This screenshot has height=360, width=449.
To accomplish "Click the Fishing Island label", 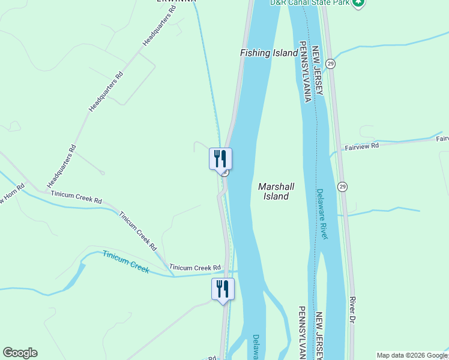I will [x=269, y=53].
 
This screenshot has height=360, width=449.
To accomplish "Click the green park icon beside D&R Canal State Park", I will [x=358, y=3].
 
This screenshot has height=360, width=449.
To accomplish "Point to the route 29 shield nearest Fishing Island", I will [x=331, y=63].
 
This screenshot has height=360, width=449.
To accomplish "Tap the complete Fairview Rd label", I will [x=361, y=146].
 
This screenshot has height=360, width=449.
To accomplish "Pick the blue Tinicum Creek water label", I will [x=125, y=261].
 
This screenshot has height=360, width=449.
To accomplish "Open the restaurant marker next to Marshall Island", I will [x=220, y=158].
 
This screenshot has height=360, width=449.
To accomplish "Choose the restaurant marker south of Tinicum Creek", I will [x=223, y=289].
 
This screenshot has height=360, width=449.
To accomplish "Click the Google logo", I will [x=20, y=353].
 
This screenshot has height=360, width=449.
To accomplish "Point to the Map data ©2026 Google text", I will [x=412, y=355].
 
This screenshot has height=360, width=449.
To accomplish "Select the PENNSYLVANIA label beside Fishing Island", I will [x=305, y=72].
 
